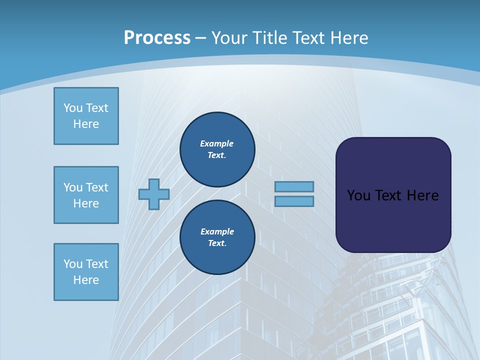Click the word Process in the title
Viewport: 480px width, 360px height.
coord(157,38)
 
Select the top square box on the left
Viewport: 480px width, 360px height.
coord(86,116)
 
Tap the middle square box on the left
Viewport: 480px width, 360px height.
coord(86,195)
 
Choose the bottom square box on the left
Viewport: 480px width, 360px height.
coord(86,271)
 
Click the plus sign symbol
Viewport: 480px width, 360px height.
coord(154,194)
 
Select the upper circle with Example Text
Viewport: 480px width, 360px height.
coord(217,149)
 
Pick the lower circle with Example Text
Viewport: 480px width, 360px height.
coord(217,237)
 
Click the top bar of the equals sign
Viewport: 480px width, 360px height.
coord(294,186)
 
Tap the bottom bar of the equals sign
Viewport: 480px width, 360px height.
coord(294,201)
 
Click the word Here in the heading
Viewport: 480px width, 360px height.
coord(348,38)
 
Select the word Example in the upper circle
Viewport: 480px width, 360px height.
coord(217,143)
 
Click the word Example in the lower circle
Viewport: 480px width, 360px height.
coord(217,231)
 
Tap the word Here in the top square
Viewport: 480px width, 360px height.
coord(86,124)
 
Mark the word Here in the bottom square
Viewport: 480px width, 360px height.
coord(86,280)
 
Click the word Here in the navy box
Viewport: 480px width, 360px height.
coord(423,195)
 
